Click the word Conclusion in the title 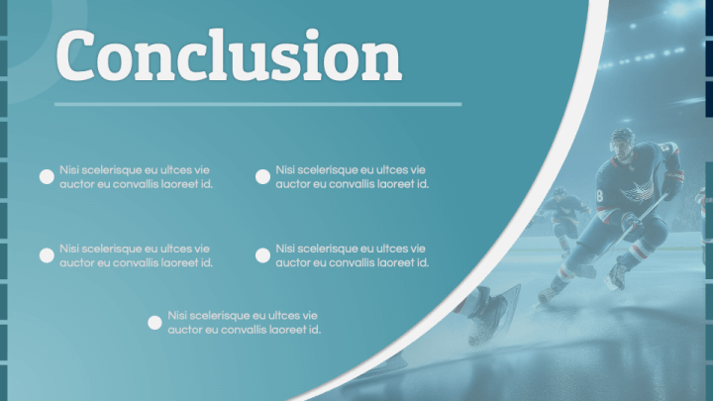tap(229, 55)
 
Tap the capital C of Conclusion tap(75, 55)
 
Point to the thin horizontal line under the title tap(257, 104)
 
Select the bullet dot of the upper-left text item tap(47, 177)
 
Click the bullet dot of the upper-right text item tap(262, 177)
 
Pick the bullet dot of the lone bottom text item tap(154, 323)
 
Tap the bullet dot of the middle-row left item tap(47, 255)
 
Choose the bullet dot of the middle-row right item tap(262, 255)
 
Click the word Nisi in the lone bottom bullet tap(176, 315)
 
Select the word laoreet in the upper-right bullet tap(398, 184)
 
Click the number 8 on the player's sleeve tap(600, 196)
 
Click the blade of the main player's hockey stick tap(585, 271)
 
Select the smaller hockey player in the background tap(562, 218)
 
